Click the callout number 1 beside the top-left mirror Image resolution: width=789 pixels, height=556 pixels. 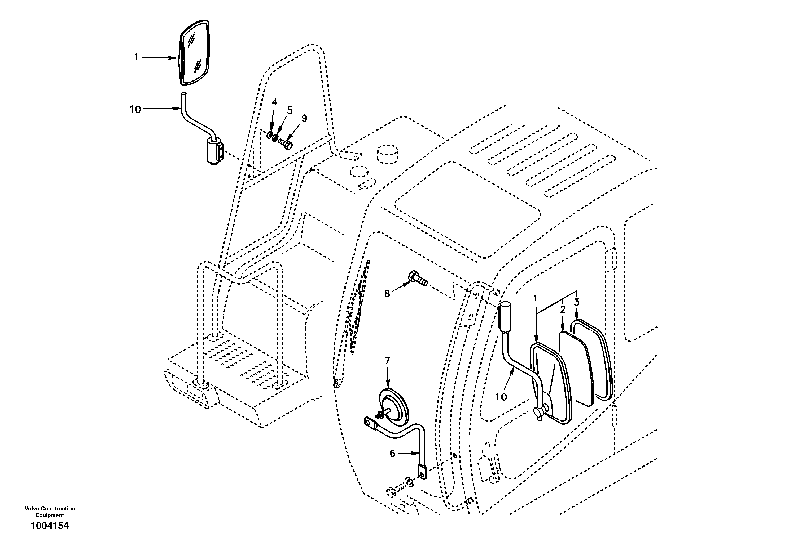136,57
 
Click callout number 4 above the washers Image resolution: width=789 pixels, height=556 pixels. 274,102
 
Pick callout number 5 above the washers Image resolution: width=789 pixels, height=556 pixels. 290,110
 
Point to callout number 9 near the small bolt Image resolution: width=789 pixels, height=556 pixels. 304,118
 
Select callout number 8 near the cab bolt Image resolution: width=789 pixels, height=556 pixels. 387,294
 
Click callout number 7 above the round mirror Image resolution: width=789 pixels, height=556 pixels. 387,360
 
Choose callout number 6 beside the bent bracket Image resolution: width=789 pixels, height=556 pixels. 392,453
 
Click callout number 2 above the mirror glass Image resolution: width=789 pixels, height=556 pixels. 562,310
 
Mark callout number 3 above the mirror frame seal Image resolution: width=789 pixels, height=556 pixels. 576,303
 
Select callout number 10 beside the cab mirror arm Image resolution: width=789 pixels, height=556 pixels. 501,397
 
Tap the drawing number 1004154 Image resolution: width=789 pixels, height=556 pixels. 50,526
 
